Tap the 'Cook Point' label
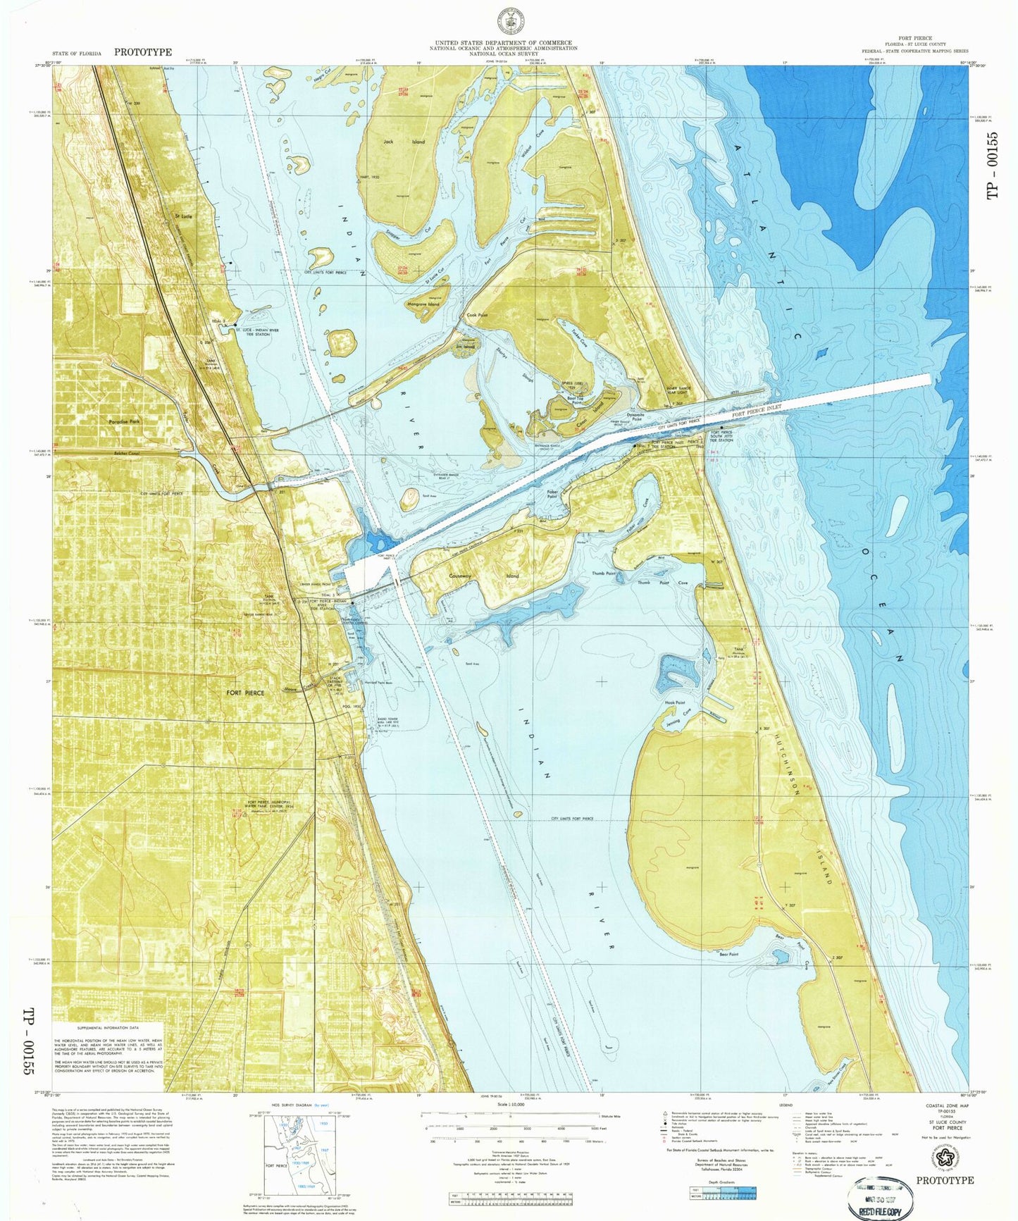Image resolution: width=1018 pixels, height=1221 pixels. tap(477, 316)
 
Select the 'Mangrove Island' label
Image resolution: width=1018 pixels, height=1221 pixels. tap(423, 304)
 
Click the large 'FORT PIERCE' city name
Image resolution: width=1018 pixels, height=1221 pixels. tap(245, 693)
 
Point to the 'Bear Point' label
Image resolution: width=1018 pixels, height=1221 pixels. tap(728, 954)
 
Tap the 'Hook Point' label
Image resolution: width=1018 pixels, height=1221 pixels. tap(675, 702)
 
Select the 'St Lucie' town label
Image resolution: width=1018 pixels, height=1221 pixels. tap(183, 216)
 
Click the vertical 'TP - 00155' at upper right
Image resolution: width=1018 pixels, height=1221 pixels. tap(993, 163)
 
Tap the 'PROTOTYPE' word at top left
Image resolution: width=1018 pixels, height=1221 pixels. tap(143, 52)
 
